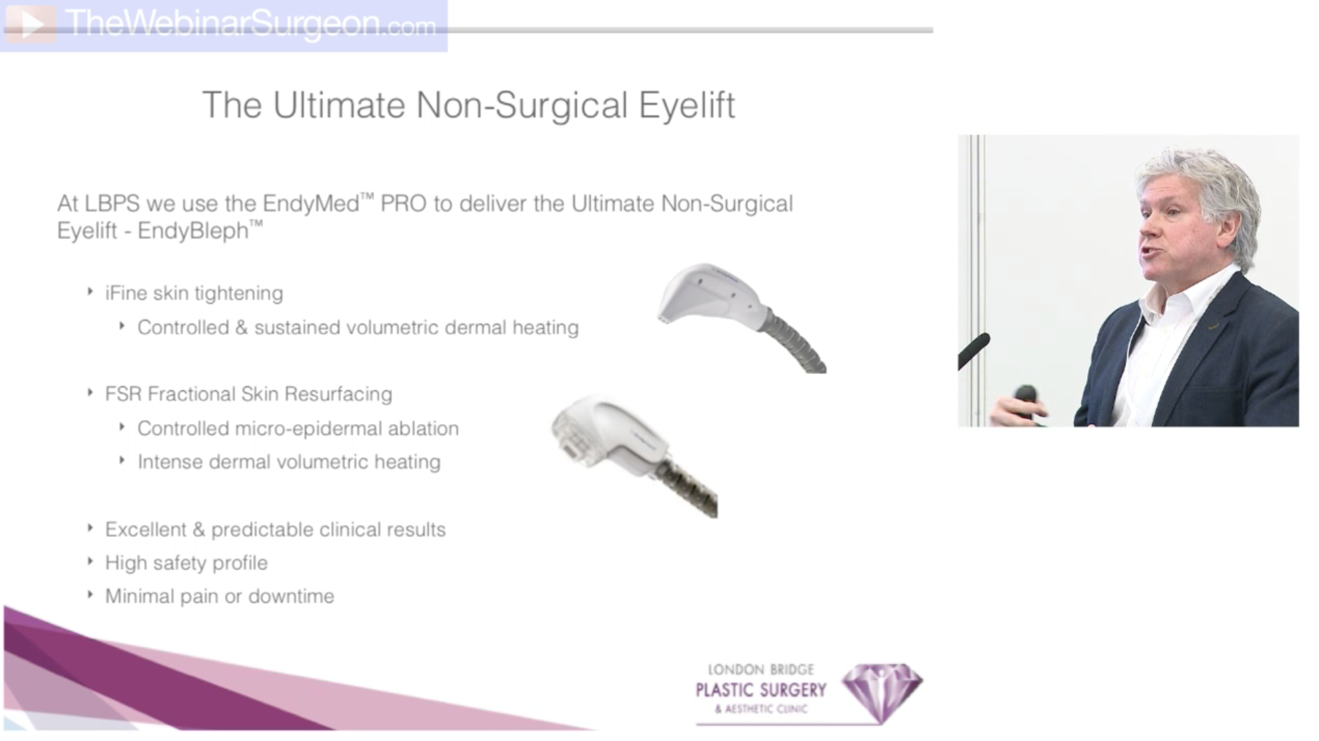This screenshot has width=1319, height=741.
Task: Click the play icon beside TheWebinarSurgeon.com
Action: tap(30, 24)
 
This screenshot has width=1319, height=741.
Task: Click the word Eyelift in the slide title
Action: tap(687, 105)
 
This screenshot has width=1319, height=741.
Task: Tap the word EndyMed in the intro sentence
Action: tap(311, 203)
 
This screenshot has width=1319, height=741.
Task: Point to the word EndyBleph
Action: tap(193, 231)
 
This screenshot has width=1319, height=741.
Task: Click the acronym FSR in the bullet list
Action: tap(123, 394)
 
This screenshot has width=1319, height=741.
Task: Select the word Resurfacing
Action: tap(338, 394)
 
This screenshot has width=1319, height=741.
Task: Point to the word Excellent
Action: tap(145, 530)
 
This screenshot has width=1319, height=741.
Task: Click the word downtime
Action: tap(291, 597)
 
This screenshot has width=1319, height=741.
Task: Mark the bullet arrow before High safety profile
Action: tap(90, 561)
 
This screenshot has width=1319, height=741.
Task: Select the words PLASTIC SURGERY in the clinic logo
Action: tap(761, 691)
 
